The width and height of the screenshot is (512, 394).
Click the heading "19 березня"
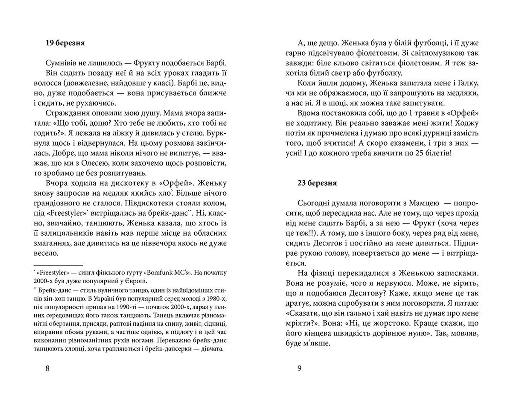65,43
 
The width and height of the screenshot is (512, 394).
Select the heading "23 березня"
317,183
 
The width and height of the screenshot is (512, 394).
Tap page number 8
47,368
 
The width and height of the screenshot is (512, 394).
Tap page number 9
299,368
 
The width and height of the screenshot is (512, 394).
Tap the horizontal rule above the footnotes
58,265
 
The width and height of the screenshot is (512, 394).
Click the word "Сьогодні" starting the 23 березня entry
313,203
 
